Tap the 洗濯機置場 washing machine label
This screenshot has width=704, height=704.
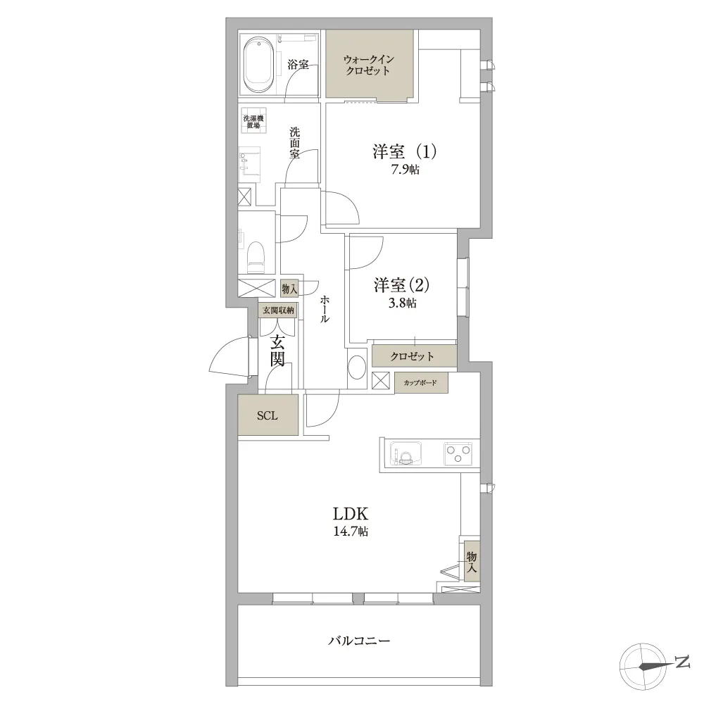pos(253,122)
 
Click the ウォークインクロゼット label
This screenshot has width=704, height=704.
pos(369,65)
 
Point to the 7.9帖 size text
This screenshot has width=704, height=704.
pos(406,170)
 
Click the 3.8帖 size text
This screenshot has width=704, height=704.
pos(402,303)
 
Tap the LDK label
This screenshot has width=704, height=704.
pos(351,513)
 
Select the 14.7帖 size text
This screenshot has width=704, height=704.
pos(351,532)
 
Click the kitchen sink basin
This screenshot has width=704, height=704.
pos(406,454)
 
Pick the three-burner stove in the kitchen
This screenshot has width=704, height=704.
pos(458,453)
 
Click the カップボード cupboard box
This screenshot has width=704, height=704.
pos(421,383)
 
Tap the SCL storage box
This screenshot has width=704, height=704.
pos(268,415)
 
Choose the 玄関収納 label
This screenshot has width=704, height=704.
pos(278,310)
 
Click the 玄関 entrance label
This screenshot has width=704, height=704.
pos(277,351)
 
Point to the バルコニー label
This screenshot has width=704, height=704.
pos(359,641)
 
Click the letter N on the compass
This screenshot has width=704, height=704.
pos(682,662)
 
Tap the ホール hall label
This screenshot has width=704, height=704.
pos(324,309)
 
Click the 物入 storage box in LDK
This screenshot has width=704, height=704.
pos(472,562)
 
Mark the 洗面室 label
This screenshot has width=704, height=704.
pos(294,143)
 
